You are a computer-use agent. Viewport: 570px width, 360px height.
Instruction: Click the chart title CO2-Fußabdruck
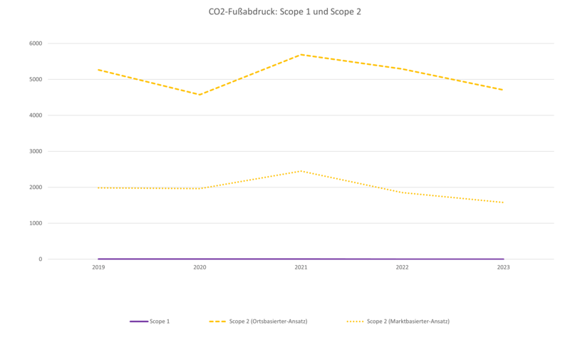point(285,12)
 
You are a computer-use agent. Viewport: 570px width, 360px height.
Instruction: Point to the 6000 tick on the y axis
point(36,43)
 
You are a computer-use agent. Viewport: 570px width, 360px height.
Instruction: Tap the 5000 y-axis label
point(36,79)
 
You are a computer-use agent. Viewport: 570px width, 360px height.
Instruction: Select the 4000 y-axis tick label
point(36,115)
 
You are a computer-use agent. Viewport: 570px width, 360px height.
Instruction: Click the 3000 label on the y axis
point(36,151)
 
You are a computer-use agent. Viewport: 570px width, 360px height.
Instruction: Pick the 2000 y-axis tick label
point(36,187)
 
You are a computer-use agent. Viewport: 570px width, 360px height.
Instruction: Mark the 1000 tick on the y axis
point(36,223)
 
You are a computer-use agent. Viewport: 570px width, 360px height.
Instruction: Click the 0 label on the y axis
point(40,259)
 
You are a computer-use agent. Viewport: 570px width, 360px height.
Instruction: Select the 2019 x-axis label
point(98,267)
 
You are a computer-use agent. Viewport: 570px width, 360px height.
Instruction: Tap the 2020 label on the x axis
point(199,267)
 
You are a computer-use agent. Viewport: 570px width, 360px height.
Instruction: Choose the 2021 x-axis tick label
point(301,267)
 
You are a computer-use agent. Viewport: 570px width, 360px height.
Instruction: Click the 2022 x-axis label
point(402,267)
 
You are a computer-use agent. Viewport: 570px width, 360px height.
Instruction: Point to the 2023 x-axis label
point(503,267)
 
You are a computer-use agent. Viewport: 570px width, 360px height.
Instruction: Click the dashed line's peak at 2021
point(301,54)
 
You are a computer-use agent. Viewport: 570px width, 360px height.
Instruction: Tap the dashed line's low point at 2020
point(199,95)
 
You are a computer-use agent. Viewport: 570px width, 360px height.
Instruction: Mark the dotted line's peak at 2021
point(301,171)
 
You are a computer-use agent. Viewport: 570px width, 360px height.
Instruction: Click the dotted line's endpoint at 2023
point(503,202)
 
